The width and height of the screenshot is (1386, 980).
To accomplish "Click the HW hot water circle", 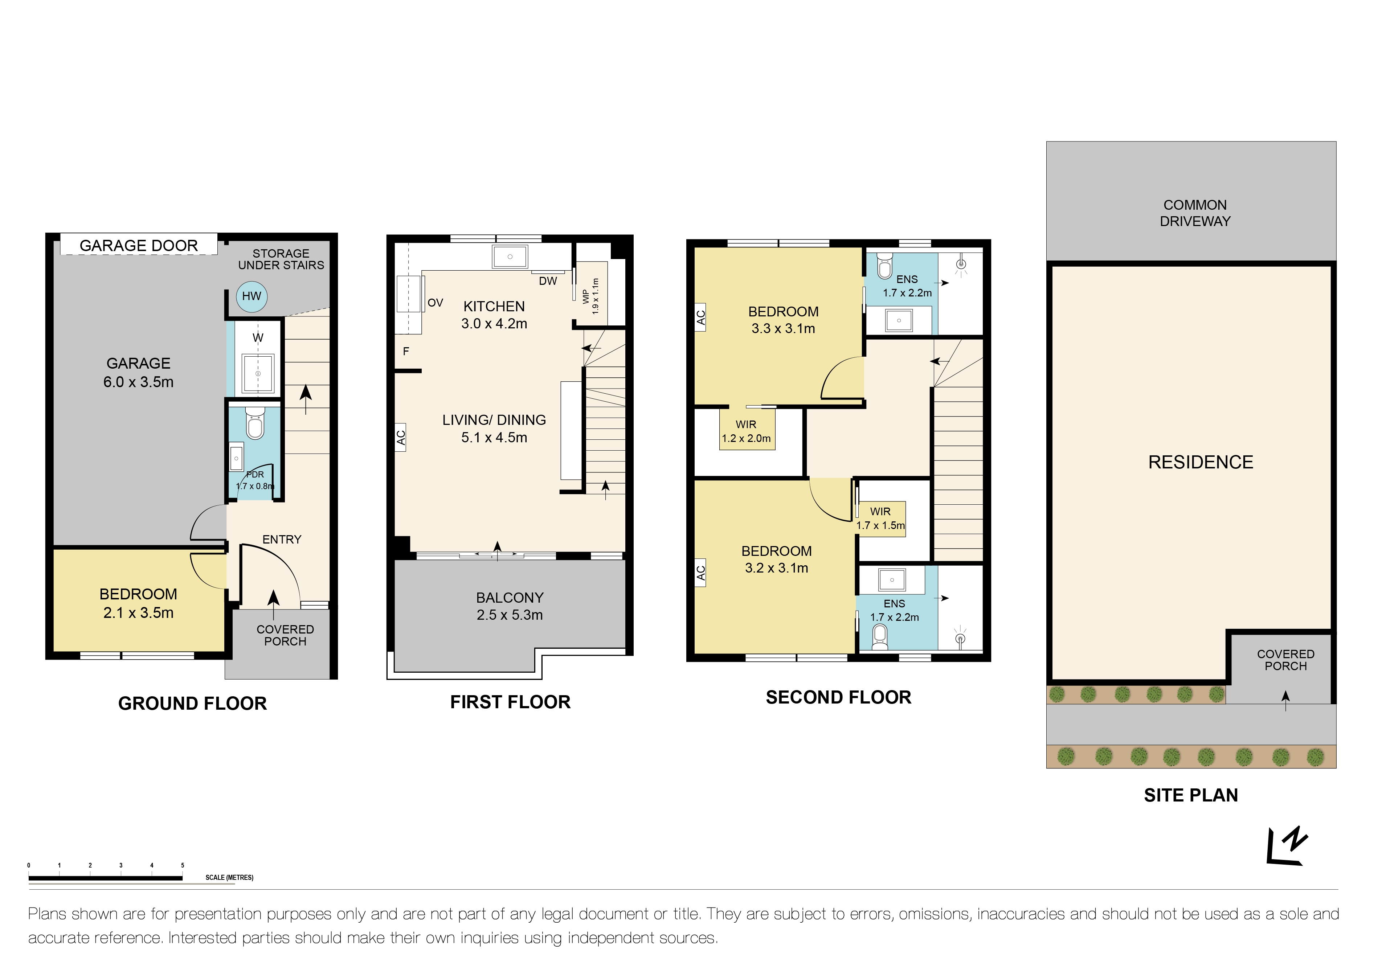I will [x=252, y=296].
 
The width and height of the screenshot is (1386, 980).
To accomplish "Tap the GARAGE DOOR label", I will [x=139, y=246].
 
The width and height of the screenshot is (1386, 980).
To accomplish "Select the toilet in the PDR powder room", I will [x=255, y=424].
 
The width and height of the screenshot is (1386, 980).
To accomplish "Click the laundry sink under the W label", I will [x=258, y=374].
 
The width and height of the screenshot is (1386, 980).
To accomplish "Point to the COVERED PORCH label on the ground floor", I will [x=285, y=635].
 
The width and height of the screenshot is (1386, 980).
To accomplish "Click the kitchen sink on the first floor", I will [x=510, y=257].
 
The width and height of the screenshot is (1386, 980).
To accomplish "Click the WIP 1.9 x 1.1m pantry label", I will [x=591, y=296].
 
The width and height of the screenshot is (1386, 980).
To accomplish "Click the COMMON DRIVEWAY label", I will [x=1195, y=213].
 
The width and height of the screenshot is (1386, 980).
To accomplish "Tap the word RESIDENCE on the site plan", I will [x=1200, y=462].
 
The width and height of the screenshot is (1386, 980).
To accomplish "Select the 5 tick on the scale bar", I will [x=182, y=865].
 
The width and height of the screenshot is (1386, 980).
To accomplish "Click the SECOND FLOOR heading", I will [x=838, y=698].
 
